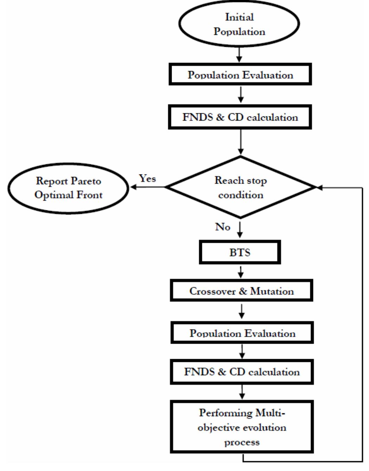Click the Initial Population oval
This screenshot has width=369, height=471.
[x=239, y=24]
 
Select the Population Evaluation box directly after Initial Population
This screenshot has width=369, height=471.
[x=240, y=74]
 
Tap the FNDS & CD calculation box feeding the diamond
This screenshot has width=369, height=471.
[x=240, y=117]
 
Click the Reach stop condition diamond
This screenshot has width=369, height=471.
[x=241, y=187]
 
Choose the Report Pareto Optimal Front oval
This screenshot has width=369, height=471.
[x=68, y=188]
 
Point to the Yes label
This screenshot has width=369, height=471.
[x=147, y=178]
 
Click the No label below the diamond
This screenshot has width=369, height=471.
[x=223, y=227]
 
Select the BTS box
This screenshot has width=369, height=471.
[x=240, y=252]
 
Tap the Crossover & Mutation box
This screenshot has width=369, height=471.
[x=241, y=291]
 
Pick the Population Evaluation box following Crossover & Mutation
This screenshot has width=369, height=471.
[x=242, y=332]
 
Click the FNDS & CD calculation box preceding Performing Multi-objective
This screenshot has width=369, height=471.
[x=242, y=371]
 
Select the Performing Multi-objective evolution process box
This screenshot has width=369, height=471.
[x=242, y=427]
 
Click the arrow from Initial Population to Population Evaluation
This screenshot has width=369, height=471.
[x=239, y=55]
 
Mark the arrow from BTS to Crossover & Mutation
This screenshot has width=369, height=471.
[x=241, y=272]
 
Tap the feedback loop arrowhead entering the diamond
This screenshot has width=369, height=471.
[x=319, y=188]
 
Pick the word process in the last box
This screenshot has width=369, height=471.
[x=242, y=442]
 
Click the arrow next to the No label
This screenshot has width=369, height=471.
[x=240, y=229]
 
